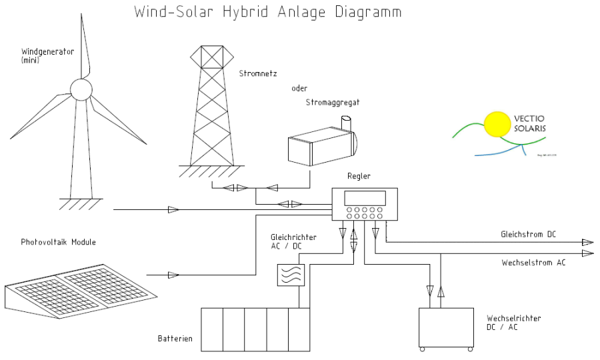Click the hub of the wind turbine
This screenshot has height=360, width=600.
click(81, 89)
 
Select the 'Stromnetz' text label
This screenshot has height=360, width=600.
click(257, 73)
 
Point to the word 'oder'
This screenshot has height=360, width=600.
click(299, 88)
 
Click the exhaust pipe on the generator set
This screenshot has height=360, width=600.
click(345, 124)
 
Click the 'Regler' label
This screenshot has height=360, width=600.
click(359, 176)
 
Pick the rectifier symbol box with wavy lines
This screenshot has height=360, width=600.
click(291, 275)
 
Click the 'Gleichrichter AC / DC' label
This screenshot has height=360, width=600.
click(293, 241)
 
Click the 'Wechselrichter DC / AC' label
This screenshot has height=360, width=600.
click(514, 323)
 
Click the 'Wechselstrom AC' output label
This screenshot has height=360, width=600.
click(533, 263)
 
